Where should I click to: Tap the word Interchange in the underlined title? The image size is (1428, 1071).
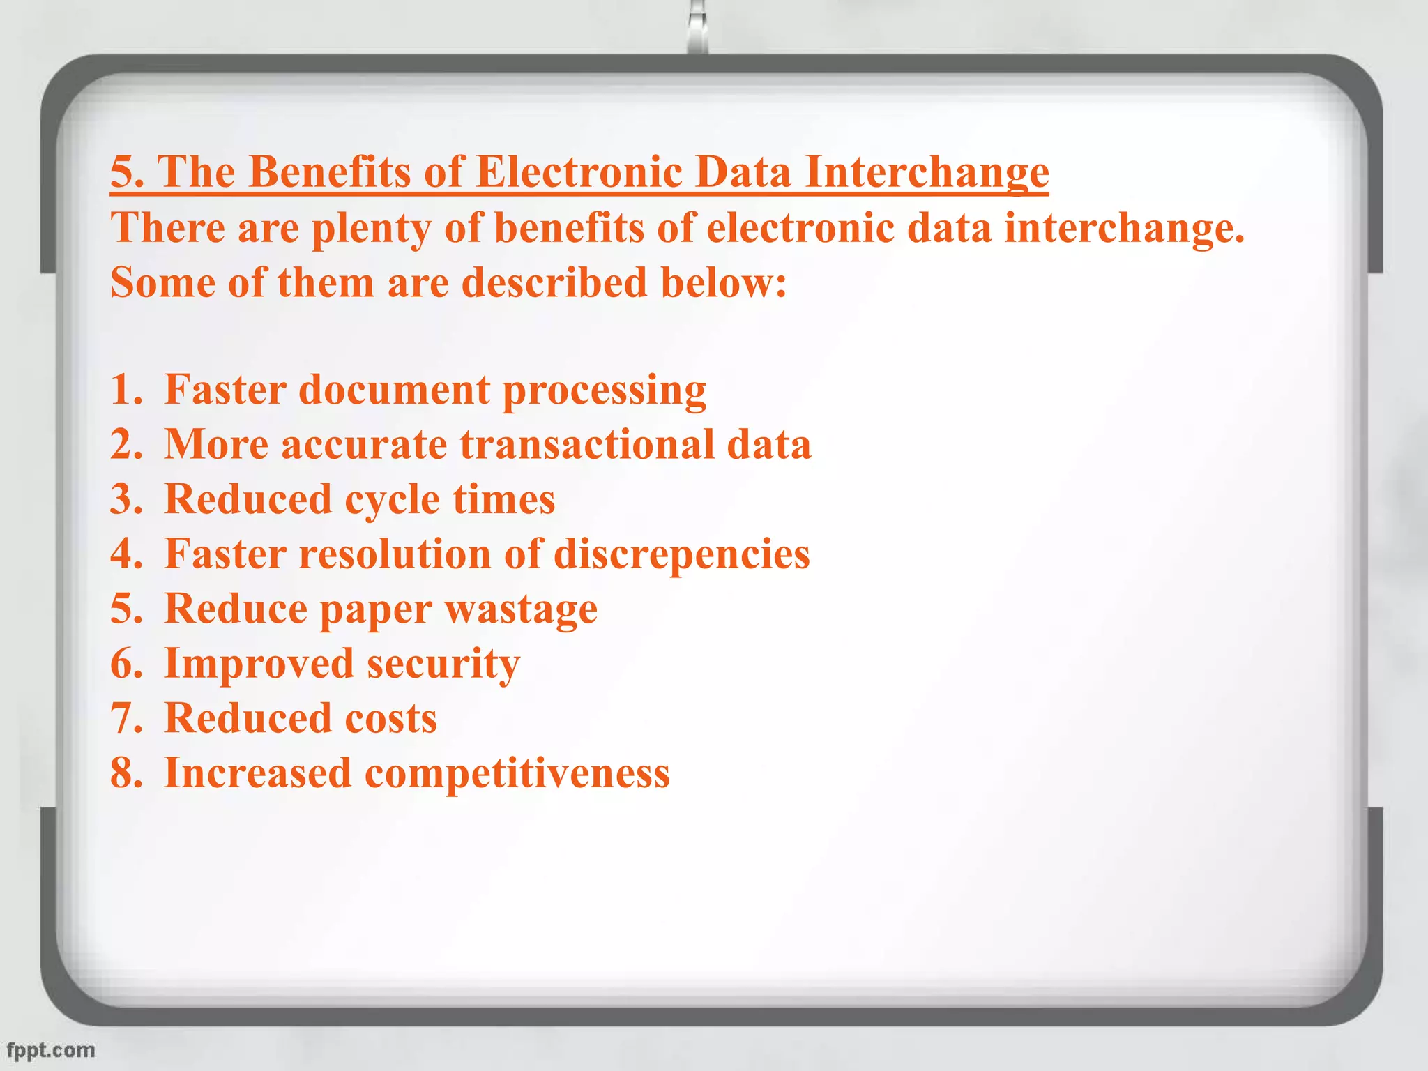click(x=927, y=172)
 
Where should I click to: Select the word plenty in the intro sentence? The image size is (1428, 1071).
click(x=371, y=229)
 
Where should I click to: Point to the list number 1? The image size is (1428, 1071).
click(x=126, y=389)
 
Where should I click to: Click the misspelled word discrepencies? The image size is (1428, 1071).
click(x=681, y=554)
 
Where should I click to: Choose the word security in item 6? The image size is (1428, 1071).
click(x=443, y=664)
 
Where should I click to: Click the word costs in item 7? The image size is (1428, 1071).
click(x=390, y=718)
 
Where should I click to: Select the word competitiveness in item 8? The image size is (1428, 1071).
click(x=517, y=773)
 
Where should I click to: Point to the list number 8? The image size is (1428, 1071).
click(x=126, y=773)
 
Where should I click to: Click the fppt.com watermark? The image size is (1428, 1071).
click(x=50, y=1049)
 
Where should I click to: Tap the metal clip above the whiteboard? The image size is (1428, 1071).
click(x=697, y=28)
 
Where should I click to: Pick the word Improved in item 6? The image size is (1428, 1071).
click(x=258, y=663)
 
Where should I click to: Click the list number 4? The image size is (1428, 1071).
click(x=126, y=554)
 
